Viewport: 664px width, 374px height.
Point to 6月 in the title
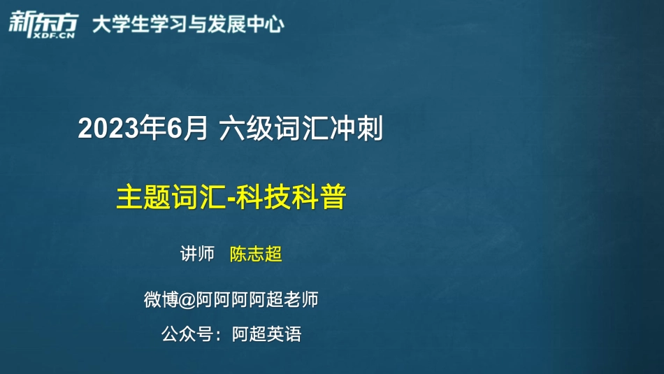coord(187,129)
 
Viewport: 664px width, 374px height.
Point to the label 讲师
coord(197,254)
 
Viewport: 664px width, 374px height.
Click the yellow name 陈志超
coord(256,254)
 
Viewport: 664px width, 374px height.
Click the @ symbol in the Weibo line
coord(187,301)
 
